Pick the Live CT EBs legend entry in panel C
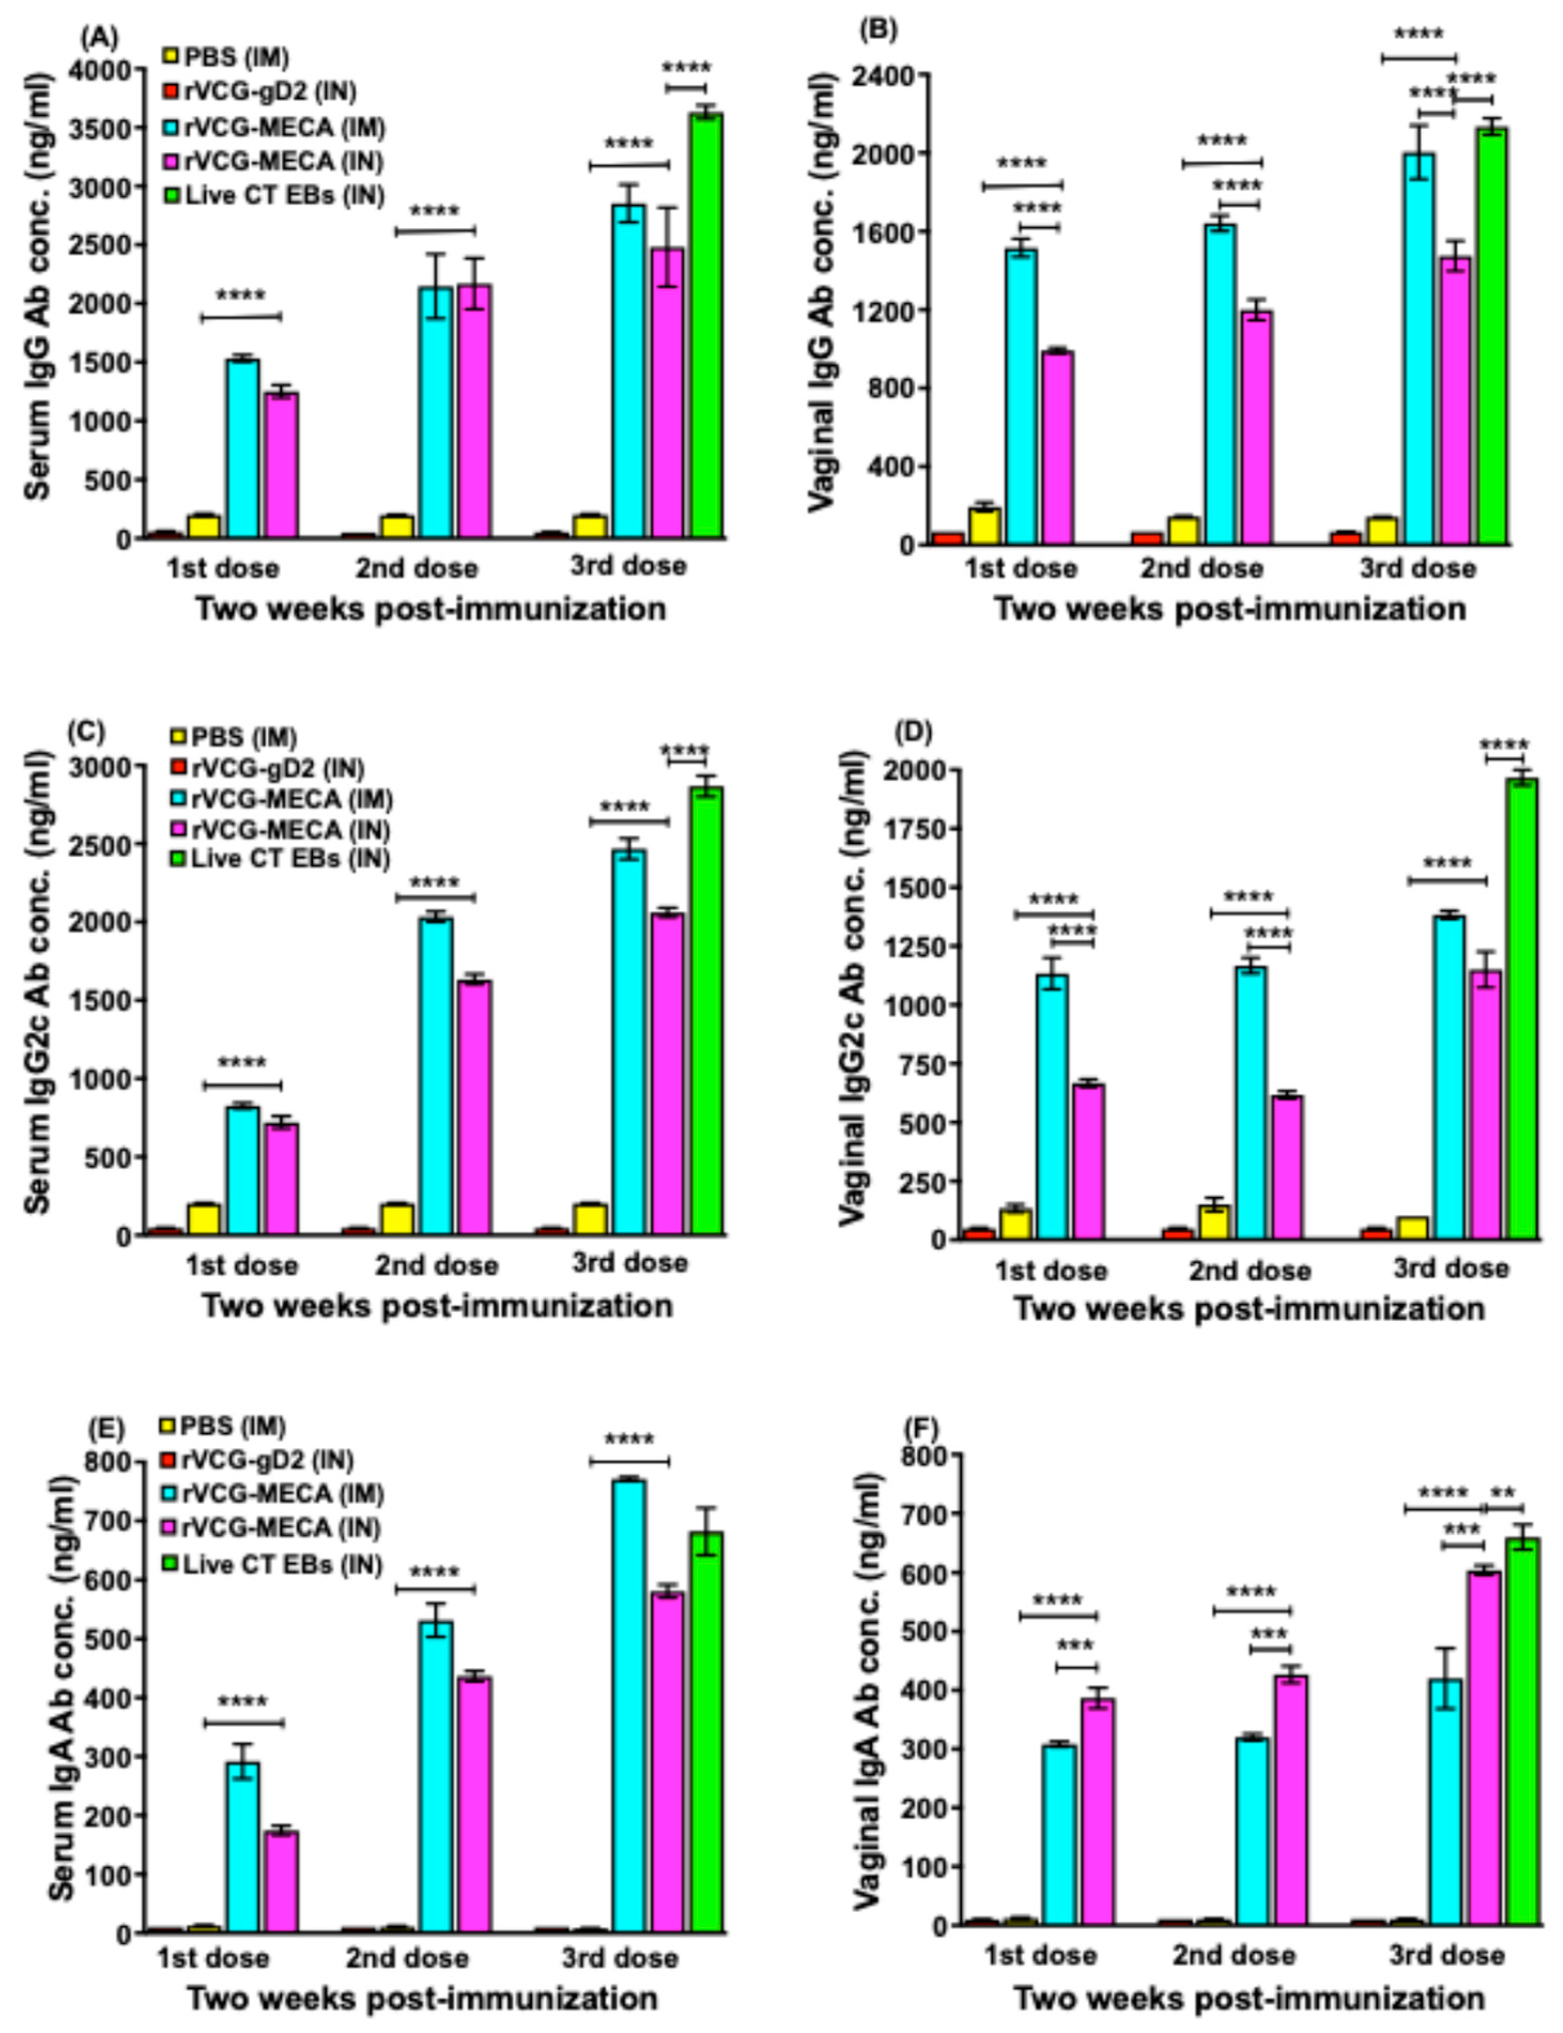click(289, 858)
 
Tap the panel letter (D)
click(912, 732)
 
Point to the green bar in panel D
click(1522, 1010)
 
